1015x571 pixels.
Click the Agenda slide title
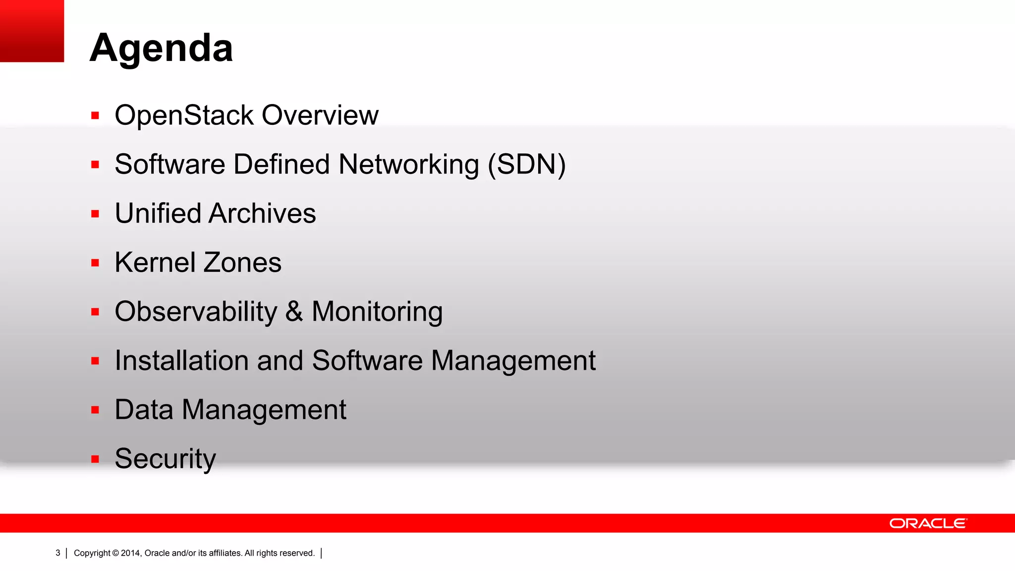coord(161,48)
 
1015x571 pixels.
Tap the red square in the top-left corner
coord(32,31)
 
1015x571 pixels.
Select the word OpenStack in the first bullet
coord(184,115)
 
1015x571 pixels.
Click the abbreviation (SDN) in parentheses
coord(526,165)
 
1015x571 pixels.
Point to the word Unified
coord(157,214)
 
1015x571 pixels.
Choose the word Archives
coord(262,214)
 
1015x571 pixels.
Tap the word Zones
coord(242,263)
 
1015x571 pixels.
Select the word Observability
coord(196,312)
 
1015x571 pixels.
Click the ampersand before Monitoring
coord(294,312)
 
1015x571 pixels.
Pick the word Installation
coord(181,361)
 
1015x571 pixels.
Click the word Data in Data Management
coord(144,410)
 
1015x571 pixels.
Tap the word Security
coord(165,459)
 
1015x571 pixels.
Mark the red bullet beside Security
coord(95,459)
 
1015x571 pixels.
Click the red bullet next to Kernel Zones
coord(95,263)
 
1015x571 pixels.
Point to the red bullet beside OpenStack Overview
coord(95,116)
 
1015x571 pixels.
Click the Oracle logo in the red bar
coord(928,523)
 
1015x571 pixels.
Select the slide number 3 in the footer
coord(57,553)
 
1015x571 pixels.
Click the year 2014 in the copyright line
coord(131,553)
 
